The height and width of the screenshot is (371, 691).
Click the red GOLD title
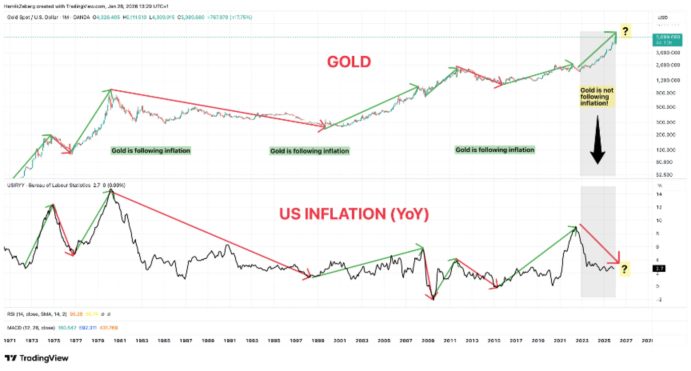tap(349, 62)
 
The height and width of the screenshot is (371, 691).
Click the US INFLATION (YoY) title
tap(354, 214)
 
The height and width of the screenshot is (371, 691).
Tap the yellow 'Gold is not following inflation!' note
tap(597, 96)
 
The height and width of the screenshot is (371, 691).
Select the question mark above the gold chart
tap(625, 31)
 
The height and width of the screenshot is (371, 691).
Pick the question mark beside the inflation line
tap(625, 269)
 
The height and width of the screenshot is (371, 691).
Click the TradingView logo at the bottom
tap(36, 358)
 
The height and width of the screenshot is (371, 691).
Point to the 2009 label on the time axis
tap(428, 341)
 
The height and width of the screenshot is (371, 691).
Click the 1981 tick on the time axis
tap(120, 341)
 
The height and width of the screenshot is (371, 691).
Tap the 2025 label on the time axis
tap(604, 341)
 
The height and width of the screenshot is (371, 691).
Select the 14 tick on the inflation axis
tap(659, 194)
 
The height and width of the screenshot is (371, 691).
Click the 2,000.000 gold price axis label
tap(668, 65)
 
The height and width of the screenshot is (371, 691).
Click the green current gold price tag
tap(667, 40)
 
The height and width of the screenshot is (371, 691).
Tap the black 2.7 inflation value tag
tap(659, 268)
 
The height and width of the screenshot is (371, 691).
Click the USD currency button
tap(663, 18)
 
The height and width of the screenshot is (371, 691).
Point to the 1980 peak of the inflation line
tap(111, 191)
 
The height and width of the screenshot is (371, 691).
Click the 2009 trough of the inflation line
tap(433, 299)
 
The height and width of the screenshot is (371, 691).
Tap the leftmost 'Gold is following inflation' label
tap(151, 150)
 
